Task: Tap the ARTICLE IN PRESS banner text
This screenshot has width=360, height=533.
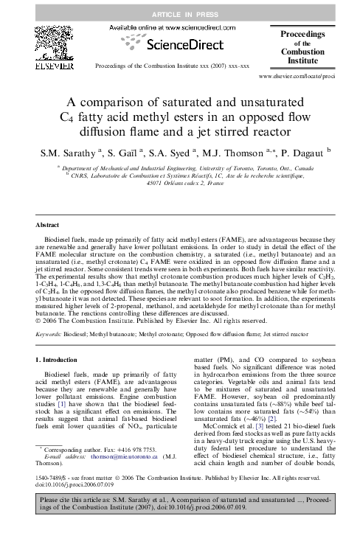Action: [x=179, y=14]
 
